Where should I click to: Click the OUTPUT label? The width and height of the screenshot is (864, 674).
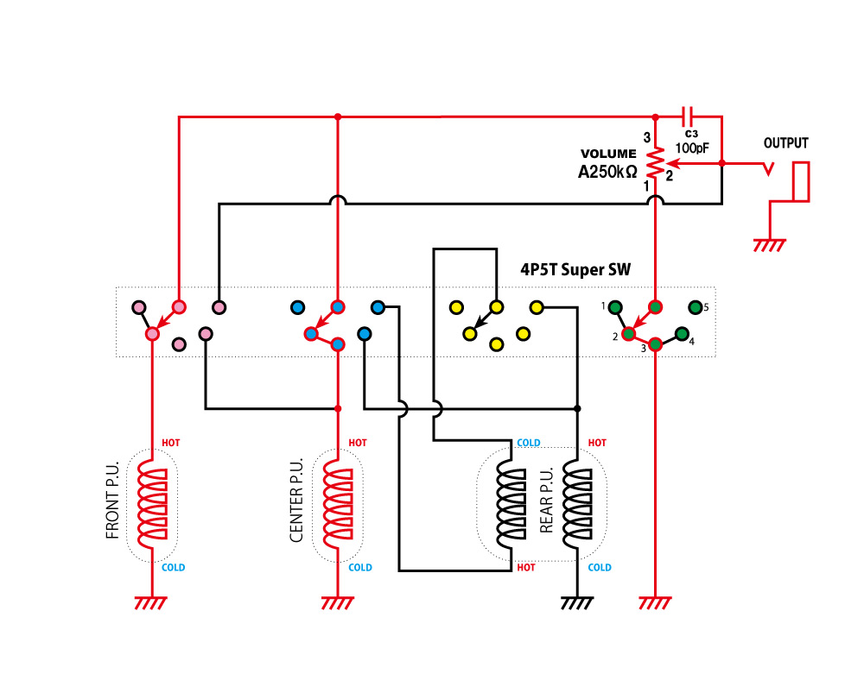(x=786, y=143)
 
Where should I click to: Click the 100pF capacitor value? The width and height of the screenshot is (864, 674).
(x=691, y=148)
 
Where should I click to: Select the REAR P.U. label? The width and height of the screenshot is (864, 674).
(x=546, y=501)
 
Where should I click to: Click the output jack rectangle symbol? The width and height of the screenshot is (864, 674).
(x=802, y=181)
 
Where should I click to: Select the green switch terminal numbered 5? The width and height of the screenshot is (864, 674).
(x=695, y=306)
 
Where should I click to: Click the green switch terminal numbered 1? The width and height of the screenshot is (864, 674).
(x=615, y=306)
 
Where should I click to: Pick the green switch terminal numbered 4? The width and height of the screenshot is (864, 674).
(x=681, y=333)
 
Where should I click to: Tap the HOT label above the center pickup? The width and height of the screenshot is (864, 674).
(x=357, y=443)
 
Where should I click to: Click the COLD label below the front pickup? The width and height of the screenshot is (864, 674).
(x=173, y=567)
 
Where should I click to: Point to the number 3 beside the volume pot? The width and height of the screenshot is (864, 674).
(x=645, y=137)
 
